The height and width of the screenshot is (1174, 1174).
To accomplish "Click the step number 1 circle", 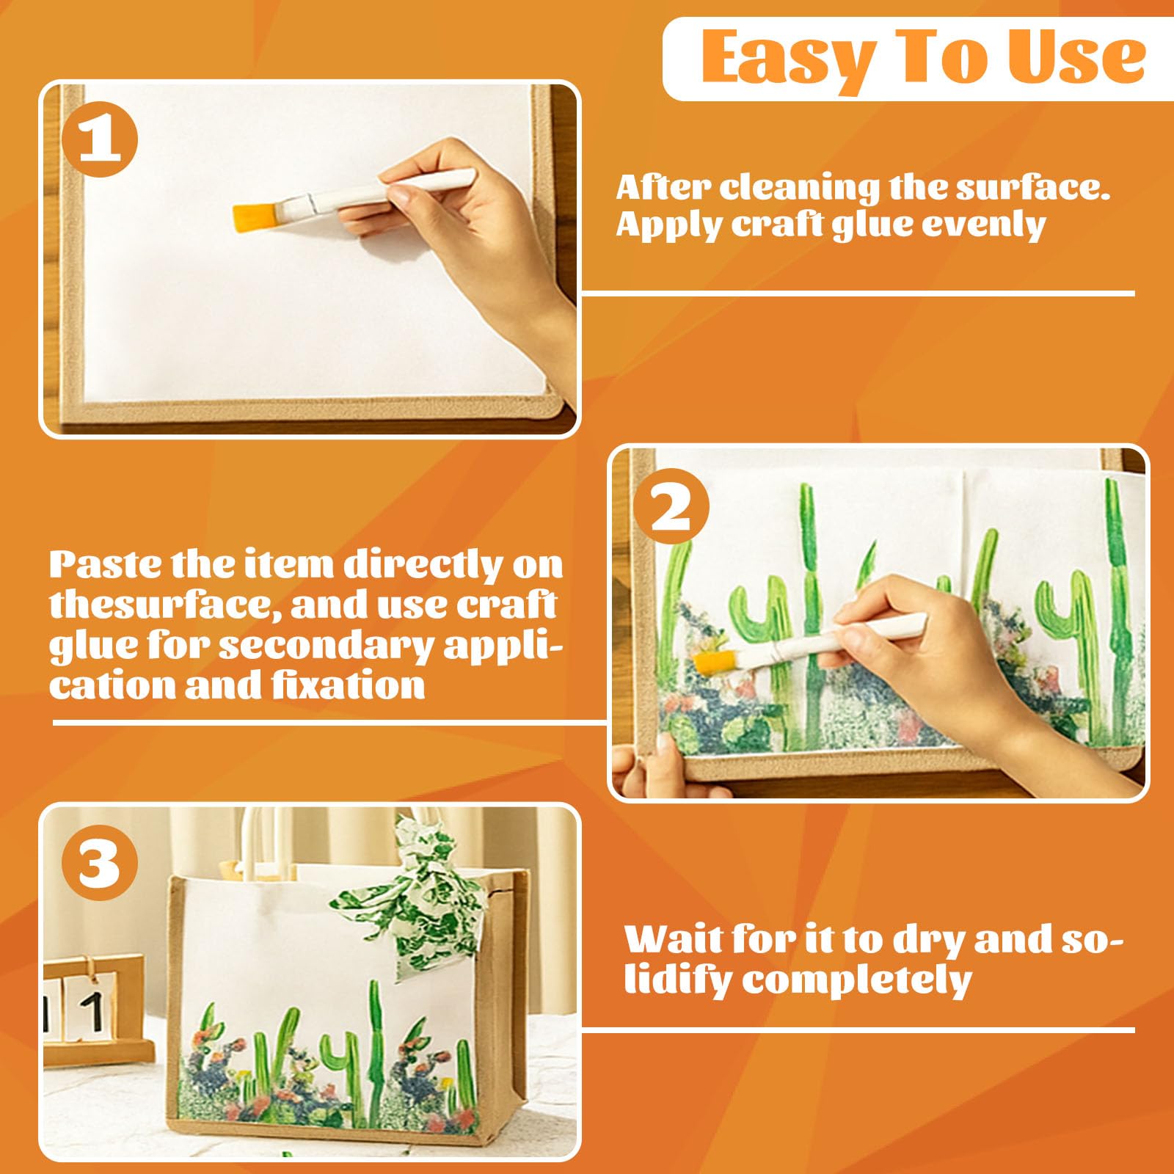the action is point(100,139).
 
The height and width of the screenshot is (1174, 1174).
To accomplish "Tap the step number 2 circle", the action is point(671,508).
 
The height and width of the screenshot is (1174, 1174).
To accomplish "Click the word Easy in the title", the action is point(791,59).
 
